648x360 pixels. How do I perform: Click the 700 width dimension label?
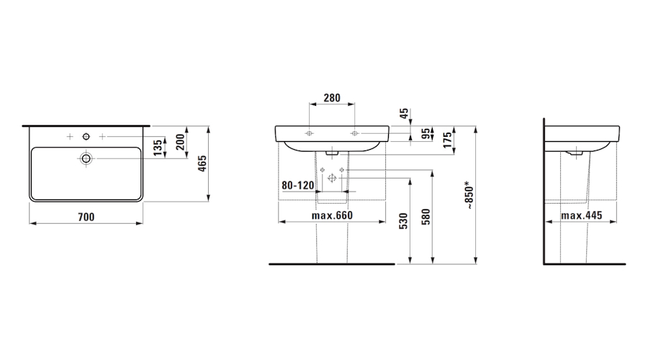point(86,217)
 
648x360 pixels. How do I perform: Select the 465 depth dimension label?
point(202,164)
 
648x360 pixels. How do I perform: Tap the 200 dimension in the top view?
point(181,143)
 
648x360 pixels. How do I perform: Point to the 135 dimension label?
point(158,148)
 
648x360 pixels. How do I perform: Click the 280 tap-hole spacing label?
point(332,98)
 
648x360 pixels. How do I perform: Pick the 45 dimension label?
point(404,112)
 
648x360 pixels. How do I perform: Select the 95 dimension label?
point(426,133)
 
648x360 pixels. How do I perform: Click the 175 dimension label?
point(446,140)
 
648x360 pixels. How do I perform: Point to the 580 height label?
point(426,217)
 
